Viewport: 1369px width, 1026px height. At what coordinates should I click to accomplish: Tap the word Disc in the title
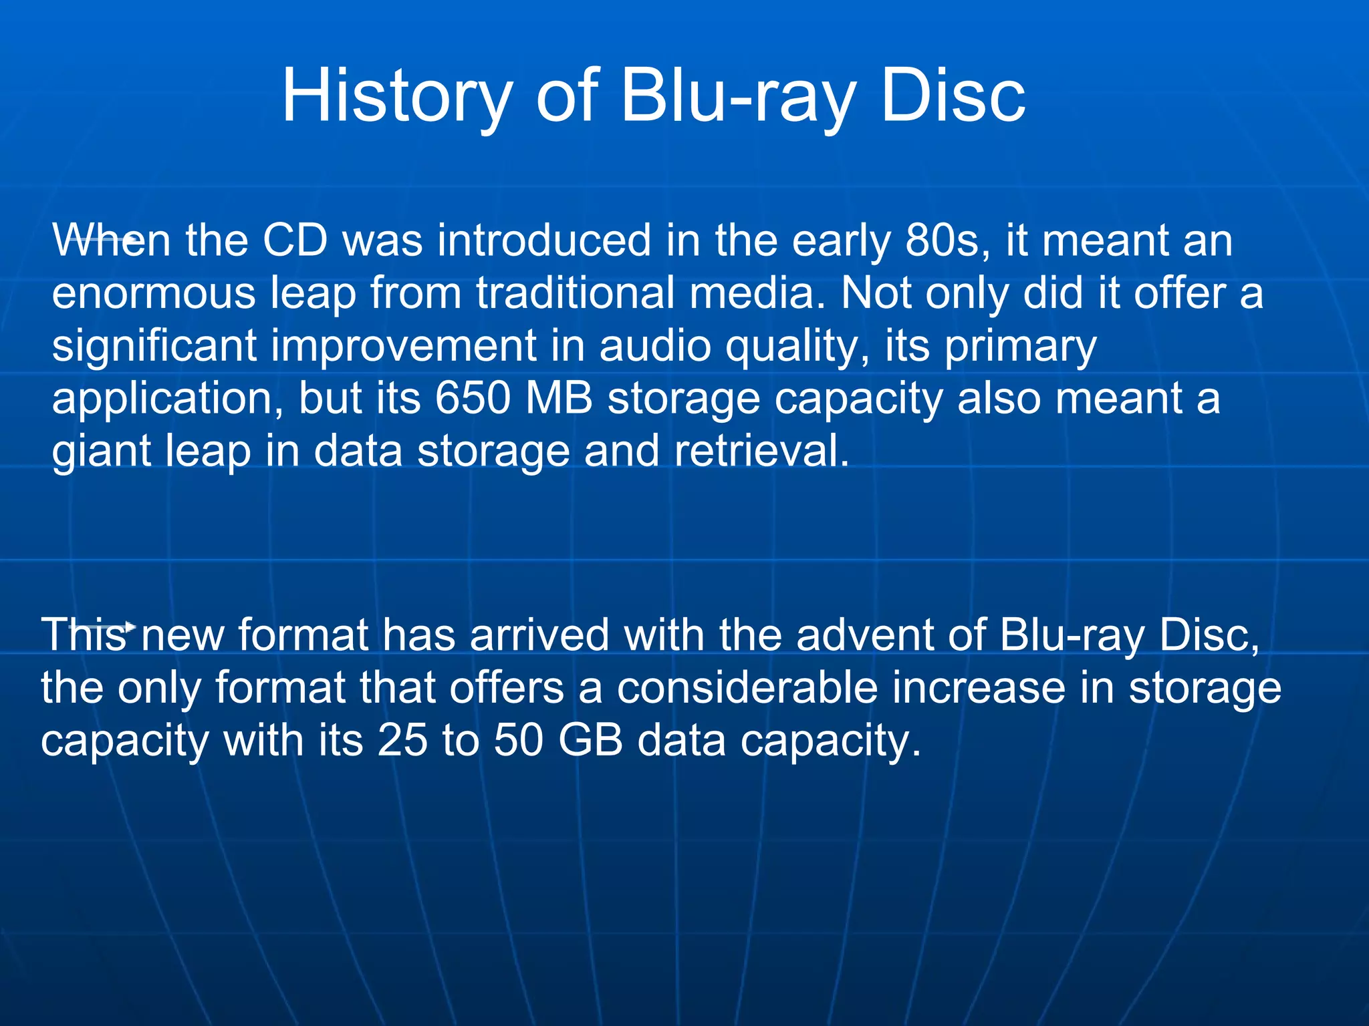click(953, 97)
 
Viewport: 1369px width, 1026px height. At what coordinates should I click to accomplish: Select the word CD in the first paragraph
click(295, 240)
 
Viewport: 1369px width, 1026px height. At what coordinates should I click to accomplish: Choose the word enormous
click(153, 294)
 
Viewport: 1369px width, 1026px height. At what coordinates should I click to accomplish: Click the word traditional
click(575, 294)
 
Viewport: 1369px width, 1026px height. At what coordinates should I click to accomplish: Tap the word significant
click(154, 346)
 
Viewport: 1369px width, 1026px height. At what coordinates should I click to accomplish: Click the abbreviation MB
click(559, 399)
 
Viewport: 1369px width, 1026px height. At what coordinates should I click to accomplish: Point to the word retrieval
click(761, 451)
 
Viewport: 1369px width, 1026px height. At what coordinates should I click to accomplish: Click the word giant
click(101, 452)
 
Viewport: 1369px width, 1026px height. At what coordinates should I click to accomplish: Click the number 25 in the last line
click(402, 741)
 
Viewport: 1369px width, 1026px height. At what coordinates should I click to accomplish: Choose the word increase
click(979, 688)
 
